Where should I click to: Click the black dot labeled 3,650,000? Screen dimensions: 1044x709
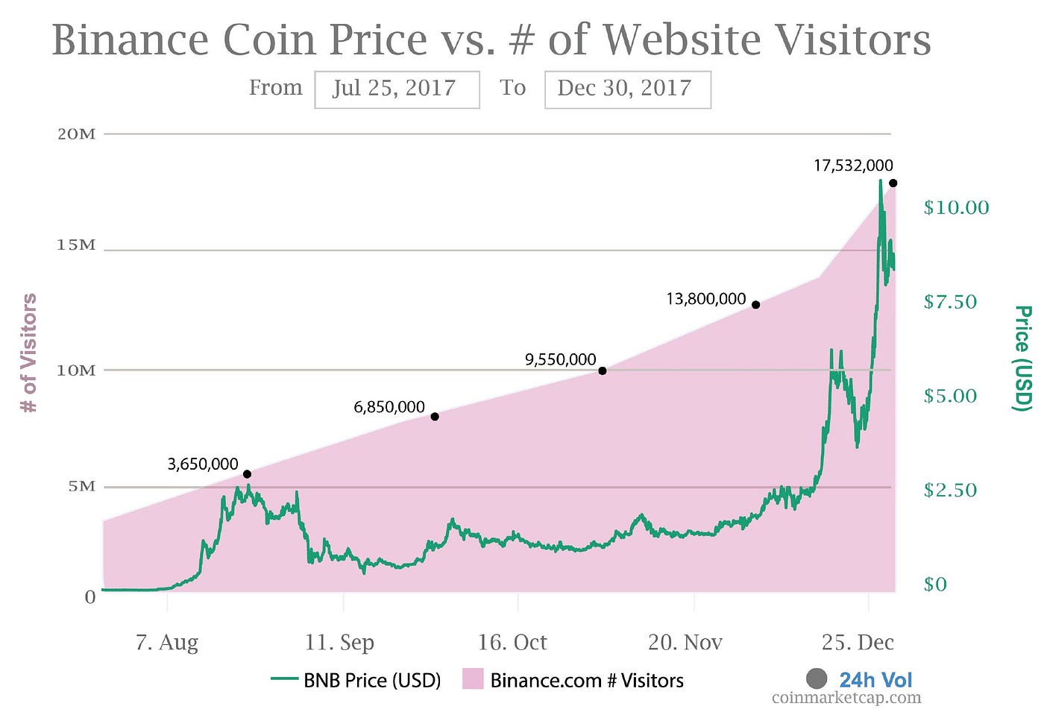coord(247,474)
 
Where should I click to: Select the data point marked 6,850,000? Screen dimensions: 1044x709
coord(434,417)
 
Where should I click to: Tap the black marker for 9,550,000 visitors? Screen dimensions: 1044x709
coord(603,371)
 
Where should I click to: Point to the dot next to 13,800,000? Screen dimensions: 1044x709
coord(755,305)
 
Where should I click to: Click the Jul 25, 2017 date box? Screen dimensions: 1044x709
coord(397,89)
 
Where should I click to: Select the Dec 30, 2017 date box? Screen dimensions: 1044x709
coord(628,89)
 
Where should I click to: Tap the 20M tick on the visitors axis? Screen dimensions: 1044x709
coord(76,134)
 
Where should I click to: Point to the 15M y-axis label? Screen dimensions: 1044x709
coord(76,245)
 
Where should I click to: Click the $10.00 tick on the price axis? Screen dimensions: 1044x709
coord(956,207)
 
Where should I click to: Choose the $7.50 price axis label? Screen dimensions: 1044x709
coord(950,302)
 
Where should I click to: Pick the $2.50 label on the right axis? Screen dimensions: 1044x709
coord(950,490)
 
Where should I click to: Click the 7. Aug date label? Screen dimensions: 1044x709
coord(167,643)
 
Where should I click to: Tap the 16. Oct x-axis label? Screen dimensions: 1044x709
coord(512,643)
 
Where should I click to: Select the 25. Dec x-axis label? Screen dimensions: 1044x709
coord(858,643)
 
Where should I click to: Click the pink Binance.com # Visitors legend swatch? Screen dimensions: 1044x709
coord(473,678)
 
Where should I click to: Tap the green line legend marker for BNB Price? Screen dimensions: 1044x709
coord(284,678)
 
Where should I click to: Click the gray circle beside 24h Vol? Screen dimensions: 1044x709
coord(817,678)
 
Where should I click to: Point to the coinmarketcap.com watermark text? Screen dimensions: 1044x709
coord(846,697)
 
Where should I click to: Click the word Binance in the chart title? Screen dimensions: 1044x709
coord(130,40)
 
